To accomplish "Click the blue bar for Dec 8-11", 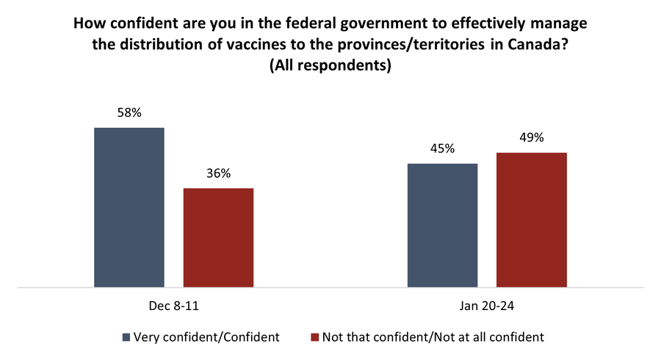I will coord(129,207).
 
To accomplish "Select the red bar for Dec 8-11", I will coord(218,237).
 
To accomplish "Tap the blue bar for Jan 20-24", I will coord(442,225).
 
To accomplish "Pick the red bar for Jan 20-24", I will coord(532,220).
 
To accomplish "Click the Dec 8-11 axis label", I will coord(173,303).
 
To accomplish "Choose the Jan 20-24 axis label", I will coord(487,303).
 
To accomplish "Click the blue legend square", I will coord(126,337).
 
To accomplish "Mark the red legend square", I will coord(315,337).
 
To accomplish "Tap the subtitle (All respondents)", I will coord(330,64).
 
